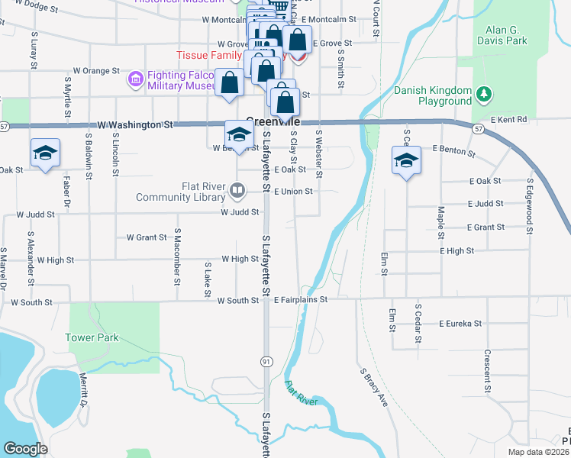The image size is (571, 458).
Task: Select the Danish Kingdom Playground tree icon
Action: pyautogui.click(x=483, y=95)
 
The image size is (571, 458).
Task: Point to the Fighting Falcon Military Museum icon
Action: pyautogui.click(x=136, y=79)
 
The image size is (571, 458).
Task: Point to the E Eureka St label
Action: pyautogui.click(x=460, y=324)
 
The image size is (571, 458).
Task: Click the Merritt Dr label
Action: pyautogui.click(x=84, y=391)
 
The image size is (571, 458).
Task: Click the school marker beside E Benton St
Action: pyautogui.click(x=405, y=160)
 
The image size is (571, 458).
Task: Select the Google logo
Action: pyautogui.click(x=26, y=448)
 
